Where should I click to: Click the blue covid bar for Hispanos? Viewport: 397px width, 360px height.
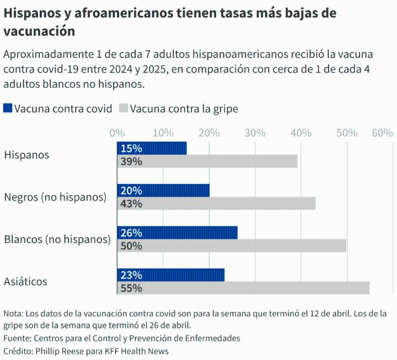pos(160,148)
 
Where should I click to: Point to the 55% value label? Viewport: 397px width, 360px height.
pos(131,288)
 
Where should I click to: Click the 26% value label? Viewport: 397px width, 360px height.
pos(131,233)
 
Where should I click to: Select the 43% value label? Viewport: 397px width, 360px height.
pos(131,203)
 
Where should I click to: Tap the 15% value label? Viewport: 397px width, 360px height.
pos(131,148)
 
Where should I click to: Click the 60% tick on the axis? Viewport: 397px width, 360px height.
pos(382,133)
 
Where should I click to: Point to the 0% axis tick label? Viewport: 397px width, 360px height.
pos(117,133)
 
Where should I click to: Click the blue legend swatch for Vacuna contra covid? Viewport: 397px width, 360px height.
pos(8,108)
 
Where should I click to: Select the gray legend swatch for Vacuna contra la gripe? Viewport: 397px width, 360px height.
pos(124,108)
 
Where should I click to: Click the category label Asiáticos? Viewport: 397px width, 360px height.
pos(25,281)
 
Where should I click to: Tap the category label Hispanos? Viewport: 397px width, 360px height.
pos(26,155)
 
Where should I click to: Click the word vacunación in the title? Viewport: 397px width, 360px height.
pos(39,31)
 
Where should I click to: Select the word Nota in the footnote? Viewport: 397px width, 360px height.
pos(13,314)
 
